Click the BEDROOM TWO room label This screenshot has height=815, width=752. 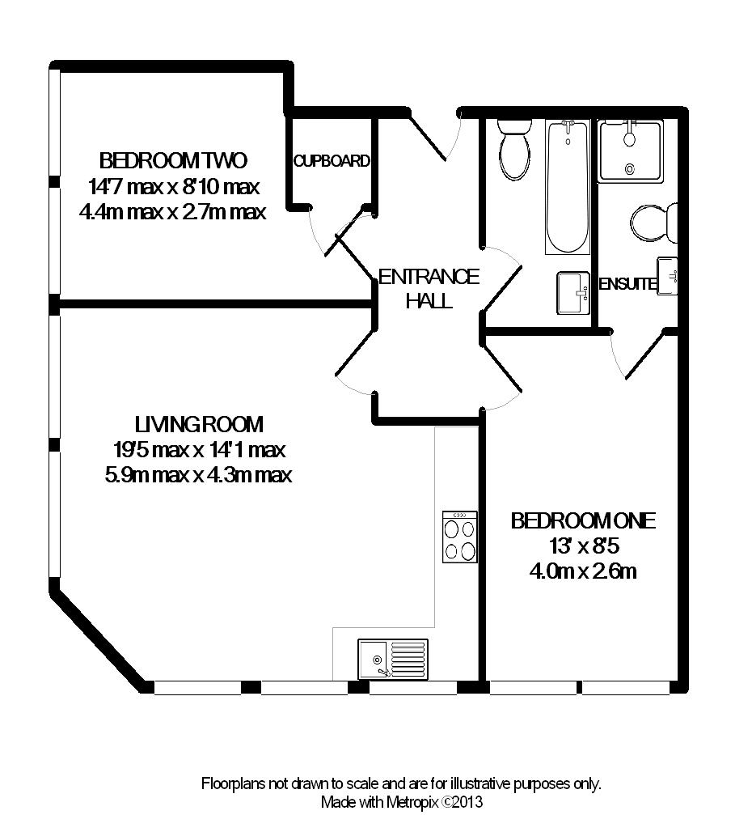tap(173, 160)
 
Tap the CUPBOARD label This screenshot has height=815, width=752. tap(332, 161)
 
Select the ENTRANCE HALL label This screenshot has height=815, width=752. tap(429, 288)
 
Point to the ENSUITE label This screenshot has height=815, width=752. tap(627, 284)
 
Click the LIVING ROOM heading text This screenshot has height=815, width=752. tap(199, 425)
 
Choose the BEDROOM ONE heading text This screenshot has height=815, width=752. tap(583, 521)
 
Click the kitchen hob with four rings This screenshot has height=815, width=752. tap(459, 537)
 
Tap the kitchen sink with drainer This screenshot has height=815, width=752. tap(393, 659)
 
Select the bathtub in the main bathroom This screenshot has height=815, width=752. tap(567, 187)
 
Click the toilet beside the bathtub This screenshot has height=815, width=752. tap(514, 149)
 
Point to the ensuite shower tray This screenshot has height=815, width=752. tap(630, 151)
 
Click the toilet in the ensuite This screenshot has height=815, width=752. tap(654, 223)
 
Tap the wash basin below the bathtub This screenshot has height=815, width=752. tap(572, 293)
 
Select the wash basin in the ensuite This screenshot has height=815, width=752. tap(667, 276)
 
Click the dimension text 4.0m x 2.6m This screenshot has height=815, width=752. tap(583, 571)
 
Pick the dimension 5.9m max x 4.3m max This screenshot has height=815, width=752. tap(198, 474)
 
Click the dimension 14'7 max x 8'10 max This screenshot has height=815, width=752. tap(174, 186)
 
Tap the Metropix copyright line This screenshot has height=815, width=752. tap(402, 801)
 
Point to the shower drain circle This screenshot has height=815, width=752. tap(630, 169)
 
